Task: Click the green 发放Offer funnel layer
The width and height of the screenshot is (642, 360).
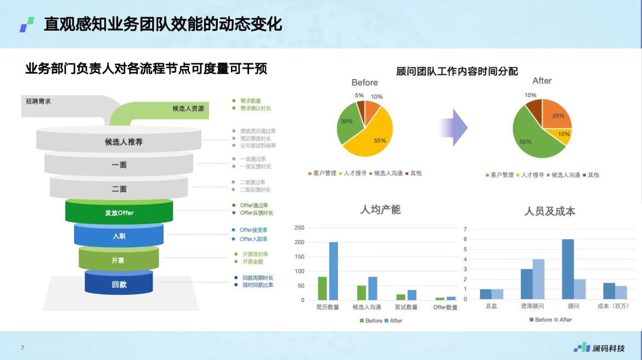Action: tap(119, 212)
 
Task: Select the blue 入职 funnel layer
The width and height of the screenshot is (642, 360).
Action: tap(119, 235)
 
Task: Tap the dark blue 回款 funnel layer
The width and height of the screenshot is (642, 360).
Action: tap(119, 283)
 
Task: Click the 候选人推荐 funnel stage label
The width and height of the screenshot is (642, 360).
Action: tap(123, 142)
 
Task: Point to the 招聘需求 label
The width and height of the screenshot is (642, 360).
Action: tap(38, 101)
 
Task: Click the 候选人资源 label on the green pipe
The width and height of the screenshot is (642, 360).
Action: tap(188, 109)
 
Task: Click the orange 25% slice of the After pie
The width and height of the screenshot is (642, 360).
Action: tap(555, 115)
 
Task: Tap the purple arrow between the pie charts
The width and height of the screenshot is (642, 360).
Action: tap(454, 127)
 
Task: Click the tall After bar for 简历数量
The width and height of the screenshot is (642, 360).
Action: tap(334, 271)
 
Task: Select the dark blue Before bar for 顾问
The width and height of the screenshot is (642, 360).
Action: tap(568, 269)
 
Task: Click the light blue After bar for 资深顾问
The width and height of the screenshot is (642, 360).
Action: tap(538, 279)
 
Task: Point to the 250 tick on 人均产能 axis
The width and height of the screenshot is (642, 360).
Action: tap(299, 228)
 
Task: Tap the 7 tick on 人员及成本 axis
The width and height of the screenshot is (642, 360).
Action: tap(465, 229)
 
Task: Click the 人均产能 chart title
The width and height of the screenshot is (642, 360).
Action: tap(380, 210)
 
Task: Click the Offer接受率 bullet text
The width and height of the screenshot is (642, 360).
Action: tap(254, 230)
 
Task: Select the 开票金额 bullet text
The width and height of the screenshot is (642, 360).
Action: tap(253, 262)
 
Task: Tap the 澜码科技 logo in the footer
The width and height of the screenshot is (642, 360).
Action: tap(599, 347)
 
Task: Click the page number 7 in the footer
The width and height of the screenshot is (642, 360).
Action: tap(22, 347)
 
